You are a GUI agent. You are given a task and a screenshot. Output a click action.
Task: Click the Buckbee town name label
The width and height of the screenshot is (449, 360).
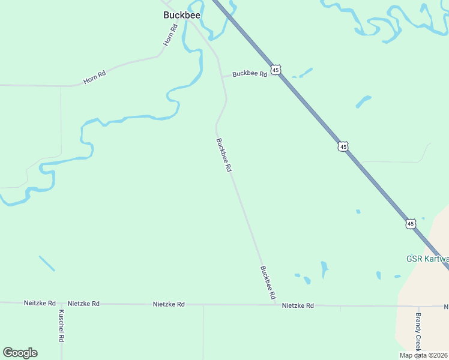pyautogui.click(x=181, y=16)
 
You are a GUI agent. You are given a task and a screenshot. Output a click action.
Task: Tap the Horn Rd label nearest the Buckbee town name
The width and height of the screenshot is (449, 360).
pyautogui.click(x=171, y=35)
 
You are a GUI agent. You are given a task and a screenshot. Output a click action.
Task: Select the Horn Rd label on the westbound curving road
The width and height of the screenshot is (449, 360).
pyautogui.click(x=94, y=77)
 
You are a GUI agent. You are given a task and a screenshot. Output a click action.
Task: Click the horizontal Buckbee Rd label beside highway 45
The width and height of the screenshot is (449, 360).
pyautogui.click(x=249, y=74)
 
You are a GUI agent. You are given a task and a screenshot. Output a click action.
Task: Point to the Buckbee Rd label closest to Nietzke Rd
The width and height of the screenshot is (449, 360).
pyautogui.click(x=268, y=283)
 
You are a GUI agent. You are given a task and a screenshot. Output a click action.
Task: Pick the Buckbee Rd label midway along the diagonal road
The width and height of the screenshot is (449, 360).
pyautogui.click(x=223, y=155)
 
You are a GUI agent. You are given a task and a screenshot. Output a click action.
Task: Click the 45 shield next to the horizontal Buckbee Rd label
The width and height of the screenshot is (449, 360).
pyautogui.click(x=275, y=70)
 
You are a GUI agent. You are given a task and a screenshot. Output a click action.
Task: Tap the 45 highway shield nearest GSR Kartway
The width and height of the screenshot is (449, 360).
pyautogui.click(x=411, y=224)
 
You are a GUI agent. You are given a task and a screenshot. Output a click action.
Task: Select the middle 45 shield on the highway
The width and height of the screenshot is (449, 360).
pyautogui.click(x=343, y=146)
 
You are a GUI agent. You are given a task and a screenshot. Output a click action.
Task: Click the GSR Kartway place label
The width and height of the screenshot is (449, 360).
pyautogui.click(x=427, y=259)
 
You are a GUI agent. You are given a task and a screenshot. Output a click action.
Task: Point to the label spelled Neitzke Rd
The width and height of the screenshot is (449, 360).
pyautogui.click(x=40, y=304)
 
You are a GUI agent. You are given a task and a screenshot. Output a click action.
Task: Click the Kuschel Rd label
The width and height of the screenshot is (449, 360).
pyautogui.click(x=61, y=326)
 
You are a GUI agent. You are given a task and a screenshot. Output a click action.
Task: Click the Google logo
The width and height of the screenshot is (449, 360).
pyautogui.click(x=20, y=353)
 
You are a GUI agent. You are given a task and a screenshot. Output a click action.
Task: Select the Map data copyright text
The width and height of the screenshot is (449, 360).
pyautogui.click(x=423, y=355)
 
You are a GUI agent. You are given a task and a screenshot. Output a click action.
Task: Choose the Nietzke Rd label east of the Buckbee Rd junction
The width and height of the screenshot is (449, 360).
pyautogui.click(x=298, y=305)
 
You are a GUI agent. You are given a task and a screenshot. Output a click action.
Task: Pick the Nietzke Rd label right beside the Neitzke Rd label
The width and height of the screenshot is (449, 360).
pyautogui.click(x=83, y=304)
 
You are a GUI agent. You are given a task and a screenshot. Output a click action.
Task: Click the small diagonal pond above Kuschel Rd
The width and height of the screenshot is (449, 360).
pyautogui.click(x=47, y=263)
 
